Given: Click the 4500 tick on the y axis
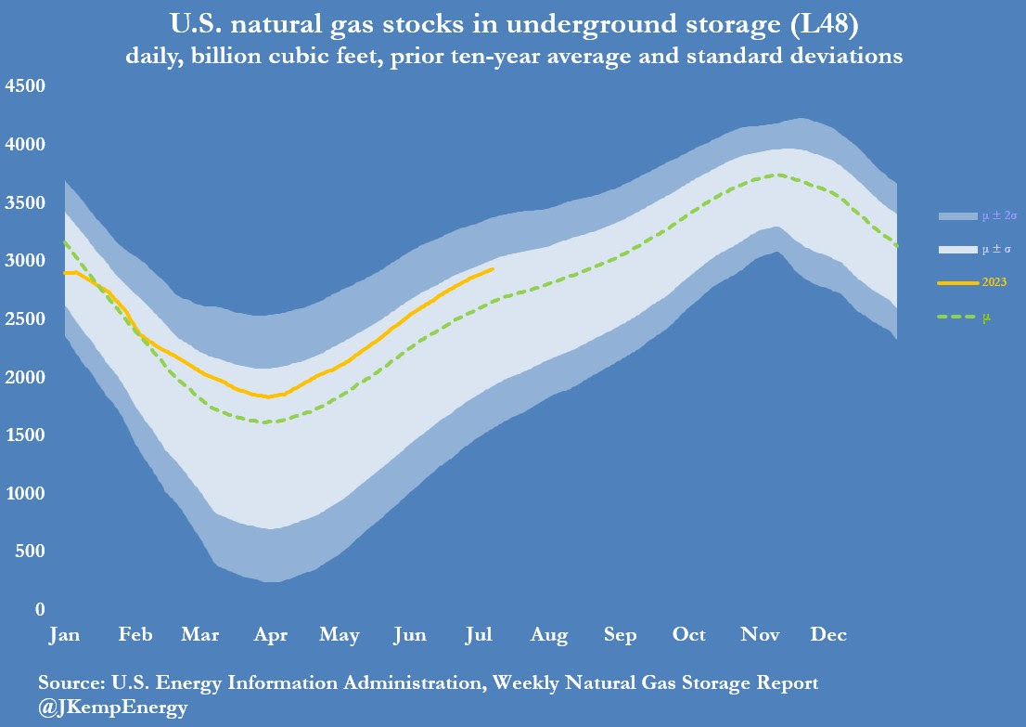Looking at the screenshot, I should [25, 86].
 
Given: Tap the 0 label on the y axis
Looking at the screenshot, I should [39, 610].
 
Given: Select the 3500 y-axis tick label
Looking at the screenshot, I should [25, 202].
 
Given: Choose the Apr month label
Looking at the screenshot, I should [270, 635].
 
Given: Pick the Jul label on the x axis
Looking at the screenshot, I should [478, 635].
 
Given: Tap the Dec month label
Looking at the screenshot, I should [828, 635].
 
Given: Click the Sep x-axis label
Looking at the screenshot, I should [620, 635].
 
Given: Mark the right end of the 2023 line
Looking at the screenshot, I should [493, 268].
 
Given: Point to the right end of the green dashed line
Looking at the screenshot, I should [897, 245].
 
